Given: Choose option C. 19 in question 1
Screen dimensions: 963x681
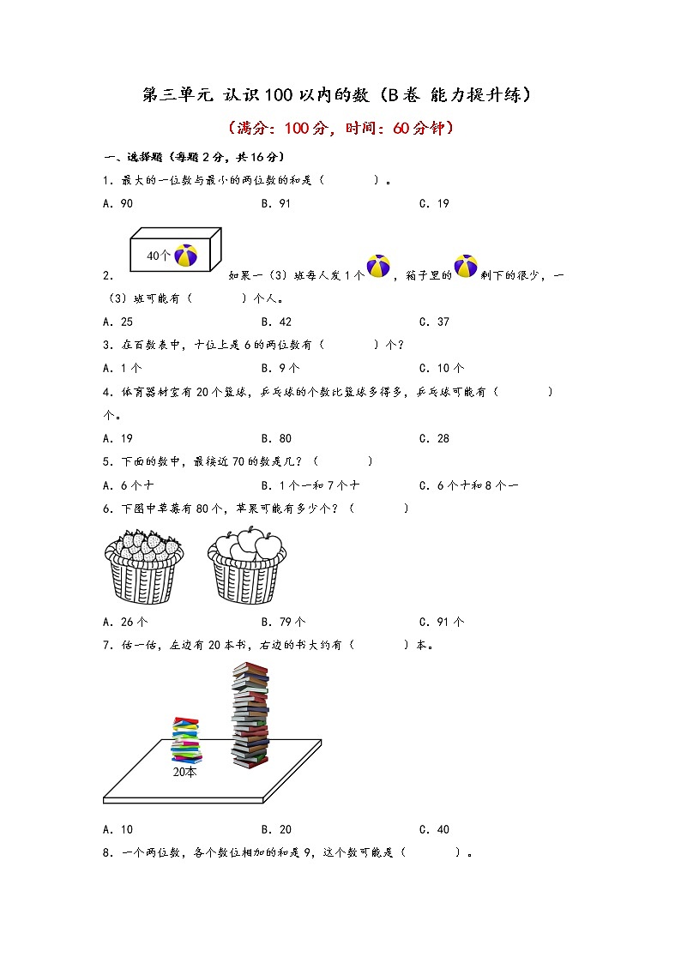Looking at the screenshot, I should [434, 203].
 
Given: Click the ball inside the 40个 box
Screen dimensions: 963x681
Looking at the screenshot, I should [186, 255].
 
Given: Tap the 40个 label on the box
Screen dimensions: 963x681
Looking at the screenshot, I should [159, 256].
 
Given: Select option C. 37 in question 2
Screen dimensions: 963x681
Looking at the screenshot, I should [434, 322].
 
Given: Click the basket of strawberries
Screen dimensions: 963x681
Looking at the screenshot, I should [144, 566].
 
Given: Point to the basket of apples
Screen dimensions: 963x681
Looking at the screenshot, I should [247, 566].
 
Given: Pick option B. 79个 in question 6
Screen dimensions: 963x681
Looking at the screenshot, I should [283, 622].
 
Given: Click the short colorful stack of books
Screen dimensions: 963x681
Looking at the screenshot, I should [185, 739].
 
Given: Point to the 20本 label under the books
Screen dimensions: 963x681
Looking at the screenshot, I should [184, 772].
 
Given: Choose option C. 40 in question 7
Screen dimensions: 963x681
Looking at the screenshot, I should [434, 829].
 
